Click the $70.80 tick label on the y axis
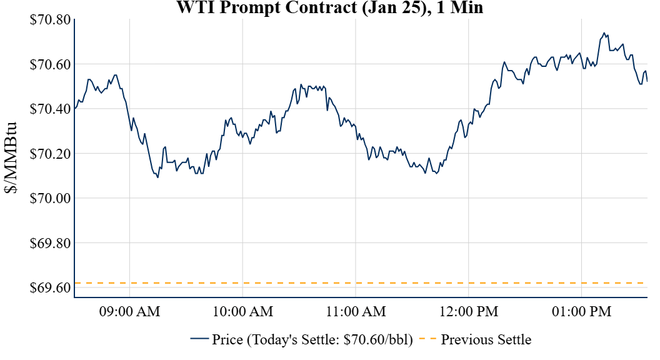pyautogui.click(x=50, y=19)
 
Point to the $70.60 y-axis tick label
pyautogui.click(x=50, y=64)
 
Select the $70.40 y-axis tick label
pyautogui.click(x=50, y=109)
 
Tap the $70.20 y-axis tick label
pyautogui.click(x=50, y=154)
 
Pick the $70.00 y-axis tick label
pyautogui.click(x=50, y=198)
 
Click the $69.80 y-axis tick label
pyautogui.click(x=50, y=243)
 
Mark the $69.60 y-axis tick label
pyautogui.click(x=50, y=287)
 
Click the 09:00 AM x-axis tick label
pyautogui.click(x=130, y=311)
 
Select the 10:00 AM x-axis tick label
pyautogui.click(x=243, y=311)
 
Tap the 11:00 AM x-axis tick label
pyautogui.click(x=356, y=311)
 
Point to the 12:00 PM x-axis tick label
pyautogui.click(x=469, y=311)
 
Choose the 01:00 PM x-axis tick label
pyautogui.click(x=582, y=311)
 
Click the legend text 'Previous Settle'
pyautogui.click(x=486, y=340)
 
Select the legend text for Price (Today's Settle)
pyautogui.click(x=312, y=340)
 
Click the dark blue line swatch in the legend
pyautogui.click(x=199, y=339)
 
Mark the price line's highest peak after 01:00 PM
pyautogui.click(x=604, y=33)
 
